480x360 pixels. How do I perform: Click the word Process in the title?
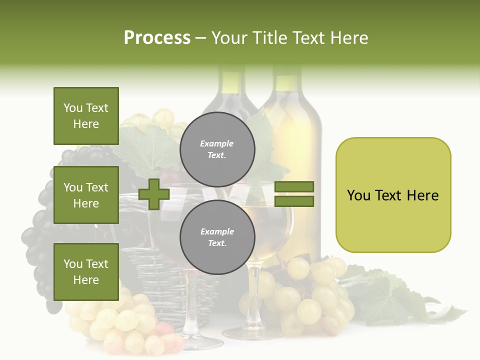tap(157, 38)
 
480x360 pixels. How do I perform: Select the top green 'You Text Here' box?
tap(86, 116)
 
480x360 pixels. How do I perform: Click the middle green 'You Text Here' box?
tap(86, 195)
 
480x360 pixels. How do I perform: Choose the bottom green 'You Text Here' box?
tap(86, 271)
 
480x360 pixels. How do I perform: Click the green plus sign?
tap(154, 194)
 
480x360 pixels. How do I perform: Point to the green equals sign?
tap(294, 194)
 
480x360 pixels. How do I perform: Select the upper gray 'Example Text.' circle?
tap(217, 149)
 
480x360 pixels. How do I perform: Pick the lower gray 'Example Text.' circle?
tap(217, 237)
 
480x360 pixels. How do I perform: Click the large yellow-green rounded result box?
tap(393, 194)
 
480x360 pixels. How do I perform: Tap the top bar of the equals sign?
tap(294, 186)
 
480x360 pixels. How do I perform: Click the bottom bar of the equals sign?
tap(294, 201)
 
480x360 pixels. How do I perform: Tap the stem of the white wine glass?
tap(253, 295)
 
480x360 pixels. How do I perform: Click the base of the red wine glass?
tap(200, 343)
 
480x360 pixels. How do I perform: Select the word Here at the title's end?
tap(350, 38)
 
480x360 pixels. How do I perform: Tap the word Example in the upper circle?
tap(217, 143)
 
